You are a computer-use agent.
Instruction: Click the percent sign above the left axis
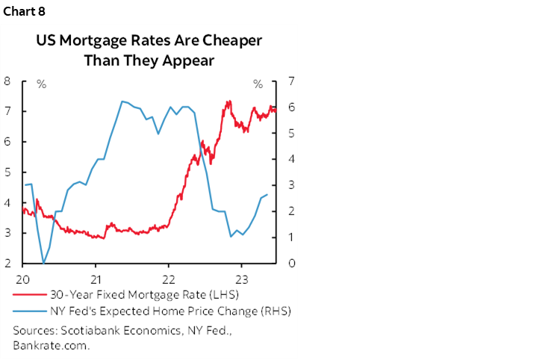pyautogui.click(x=41, y=84)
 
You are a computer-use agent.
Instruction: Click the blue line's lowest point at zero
pyautogui.click(x=44, y=263)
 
